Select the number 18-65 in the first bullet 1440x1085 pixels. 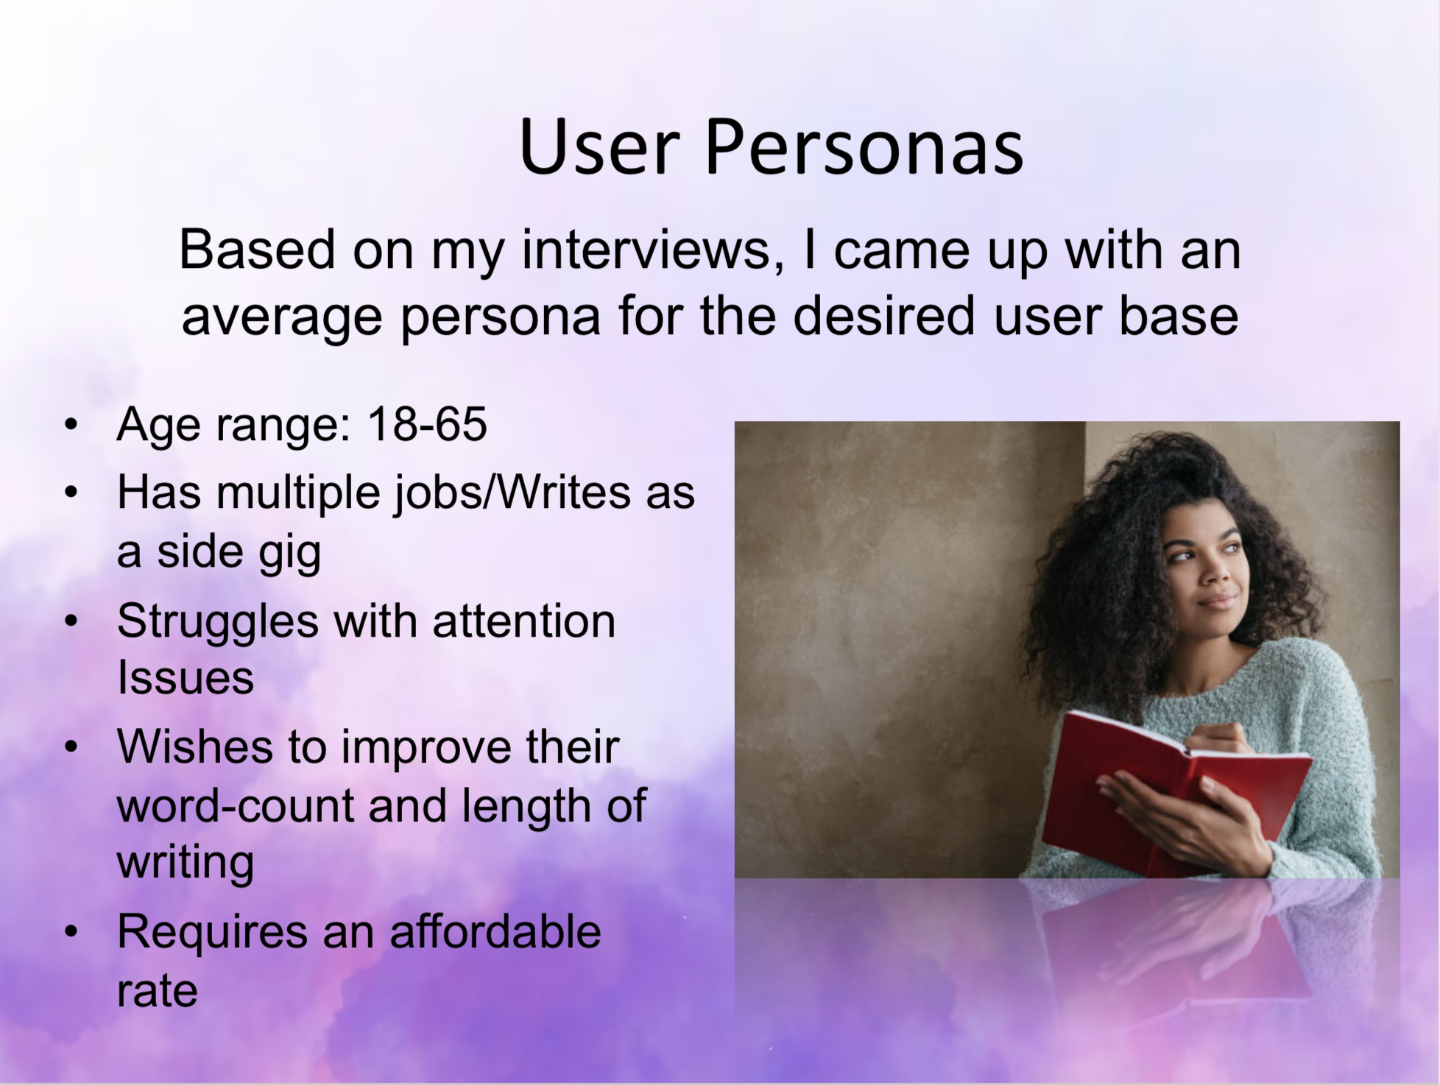[427, 424]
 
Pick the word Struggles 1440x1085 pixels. [218, 621]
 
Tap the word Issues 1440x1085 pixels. [186, 676]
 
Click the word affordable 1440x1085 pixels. [495, 930]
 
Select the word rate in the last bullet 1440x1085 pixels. [157, 991]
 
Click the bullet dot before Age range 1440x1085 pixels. [71, 425]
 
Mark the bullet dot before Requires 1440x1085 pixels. [71, 932]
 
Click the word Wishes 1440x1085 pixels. [196, 746]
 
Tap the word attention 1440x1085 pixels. [523, 621]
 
